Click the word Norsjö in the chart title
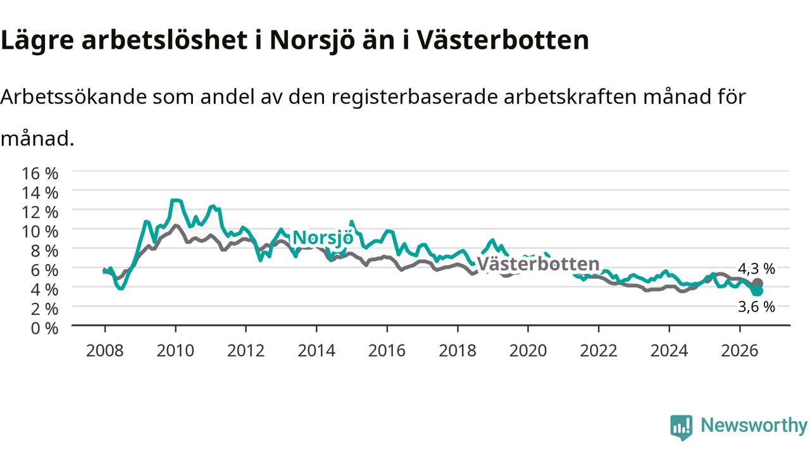click(x=313, y=40)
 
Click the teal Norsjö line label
click(x=323, y=238)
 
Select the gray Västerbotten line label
click(x=538, y=264)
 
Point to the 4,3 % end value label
click(x=756, y=269)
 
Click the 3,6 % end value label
click(x=756, y=307)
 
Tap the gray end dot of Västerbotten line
click(x=757, y=283)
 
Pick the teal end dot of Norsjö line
click(x=757, y=291)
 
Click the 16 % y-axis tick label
click(x=40, y=174)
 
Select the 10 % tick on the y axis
click(x=40, y=232)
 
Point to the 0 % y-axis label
click(x=44, y=328)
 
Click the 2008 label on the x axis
click(x=105, y=351)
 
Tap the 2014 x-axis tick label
click(x=316, y=351)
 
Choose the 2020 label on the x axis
click(x=528, y=351)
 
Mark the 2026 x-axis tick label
click(x=740, y=351)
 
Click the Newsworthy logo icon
click(x=682, y=427)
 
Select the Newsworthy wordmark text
click(x=754, y=425)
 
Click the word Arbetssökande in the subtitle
click(x=74, y=97)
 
